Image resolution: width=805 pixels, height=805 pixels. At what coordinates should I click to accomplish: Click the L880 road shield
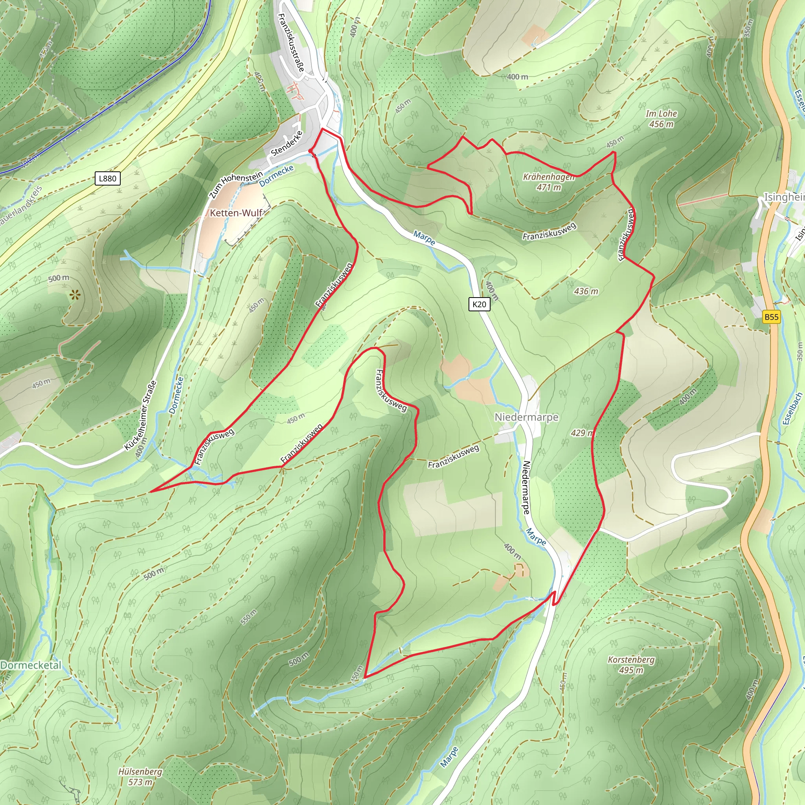pos(107,178)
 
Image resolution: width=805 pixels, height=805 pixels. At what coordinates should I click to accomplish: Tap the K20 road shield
pos(479,304)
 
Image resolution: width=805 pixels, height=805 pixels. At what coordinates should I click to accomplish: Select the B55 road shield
pos(771,317)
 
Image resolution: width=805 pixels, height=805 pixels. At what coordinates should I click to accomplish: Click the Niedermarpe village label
pos(526,417)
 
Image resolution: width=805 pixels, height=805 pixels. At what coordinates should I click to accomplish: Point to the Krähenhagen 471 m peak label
pos(548,182)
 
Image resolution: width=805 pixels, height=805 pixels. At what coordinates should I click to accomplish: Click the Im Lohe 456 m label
pos(661,119)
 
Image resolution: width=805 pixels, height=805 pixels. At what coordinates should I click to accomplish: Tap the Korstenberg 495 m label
pos(631,665)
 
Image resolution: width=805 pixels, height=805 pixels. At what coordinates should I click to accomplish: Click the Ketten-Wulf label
pos(236,213)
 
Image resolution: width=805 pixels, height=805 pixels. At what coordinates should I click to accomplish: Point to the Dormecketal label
pos(31,665)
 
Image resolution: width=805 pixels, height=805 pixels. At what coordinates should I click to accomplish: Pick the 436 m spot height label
pos(586,291)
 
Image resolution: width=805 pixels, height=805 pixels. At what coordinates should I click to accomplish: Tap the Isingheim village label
pos(783,197)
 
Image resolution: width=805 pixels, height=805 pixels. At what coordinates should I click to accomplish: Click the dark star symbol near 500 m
pos(75,296)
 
